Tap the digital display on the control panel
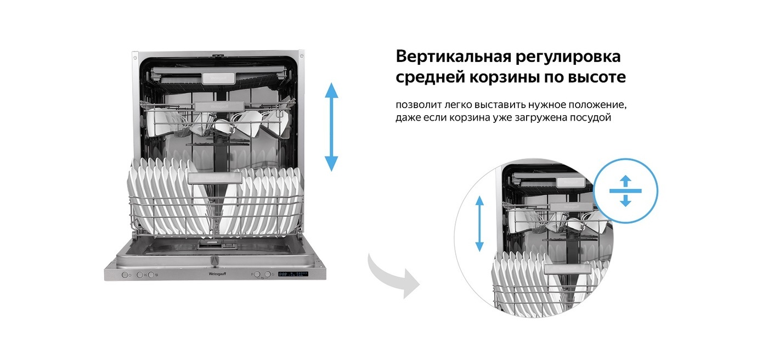pyautogui.click(x=292, y=274)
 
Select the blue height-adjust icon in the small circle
pyautogui.click(x=625, y=190)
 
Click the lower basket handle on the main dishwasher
pyautogui.click(x=214, y=178)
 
